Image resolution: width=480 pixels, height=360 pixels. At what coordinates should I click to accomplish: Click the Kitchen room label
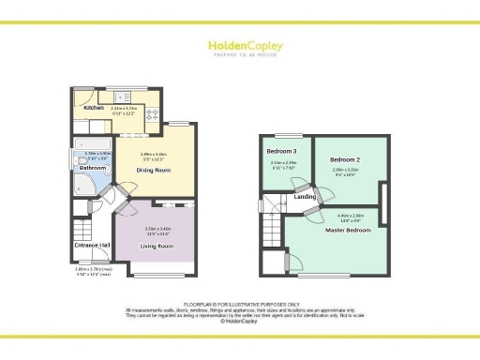tap(94, 108)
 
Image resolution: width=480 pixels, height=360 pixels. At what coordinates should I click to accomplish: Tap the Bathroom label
tap(93, 168)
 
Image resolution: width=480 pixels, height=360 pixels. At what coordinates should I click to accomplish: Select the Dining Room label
tap(154, 170)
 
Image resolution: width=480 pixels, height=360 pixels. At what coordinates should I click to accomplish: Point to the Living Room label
tap(157, 246)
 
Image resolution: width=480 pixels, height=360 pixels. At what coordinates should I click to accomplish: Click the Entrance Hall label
tap(93, 246)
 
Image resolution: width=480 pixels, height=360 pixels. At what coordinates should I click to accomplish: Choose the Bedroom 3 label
tap(282, 151)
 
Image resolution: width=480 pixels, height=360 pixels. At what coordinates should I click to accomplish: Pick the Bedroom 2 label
tap(345, 160)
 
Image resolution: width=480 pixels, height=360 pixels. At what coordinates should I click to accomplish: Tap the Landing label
tap(305, 196)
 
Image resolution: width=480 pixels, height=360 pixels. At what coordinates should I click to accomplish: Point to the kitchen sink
tap(122, 97)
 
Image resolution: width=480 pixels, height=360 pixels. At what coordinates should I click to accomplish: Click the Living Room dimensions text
tap(157, 230)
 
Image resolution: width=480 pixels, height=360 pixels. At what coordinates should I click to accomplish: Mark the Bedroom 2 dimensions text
tap(345, 172)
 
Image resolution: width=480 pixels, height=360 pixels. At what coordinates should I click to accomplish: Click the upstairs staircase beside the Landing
tap(274, 203)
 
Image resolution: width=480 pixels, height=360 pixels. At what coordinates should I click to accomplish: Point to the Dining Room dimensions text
tap(154, 156)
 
